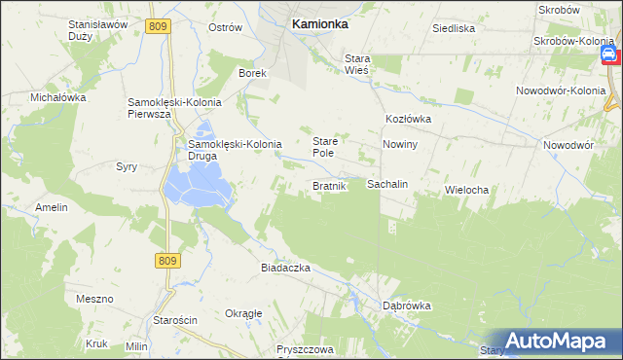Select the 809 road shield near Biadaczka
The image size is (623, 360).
point(166,260)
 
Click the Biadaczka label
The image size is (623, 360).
point(284,268)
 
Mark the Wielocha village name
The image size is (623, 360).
point(465,189)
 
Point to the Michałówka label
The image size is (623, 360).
point(58,98)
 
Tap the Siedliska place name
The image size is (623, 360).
point(454,28)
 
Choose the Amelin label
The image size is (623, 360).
point(51,207)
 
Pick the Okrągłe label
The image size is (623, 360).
point(243,313)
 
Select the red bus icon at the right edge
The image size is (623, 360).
point(608,55)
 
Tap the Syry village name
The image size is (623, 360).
point(127,166)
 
